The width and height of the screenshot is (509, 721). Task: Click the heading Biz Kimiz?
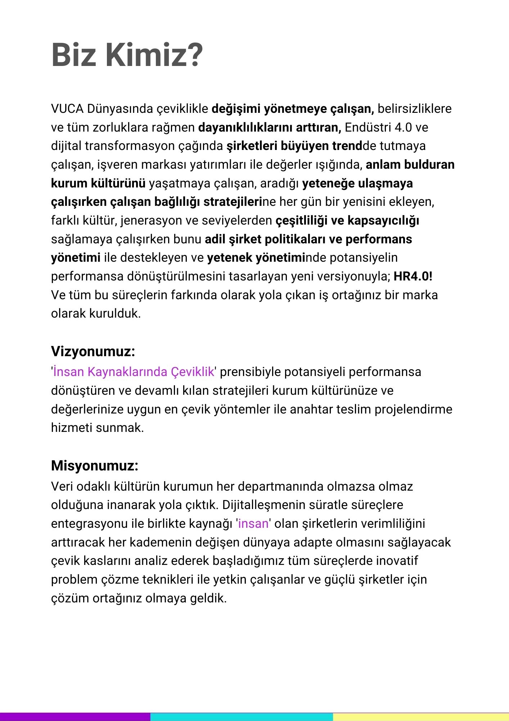(x=127, y=55)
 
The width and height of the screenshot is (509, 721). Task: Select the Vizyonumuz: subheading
(x=93, y=351)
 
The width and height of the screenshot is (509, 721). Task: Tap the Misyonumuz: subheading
(x=95, y=465)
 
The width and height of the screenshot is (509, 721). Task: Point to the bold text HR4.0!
(x=413, y=276)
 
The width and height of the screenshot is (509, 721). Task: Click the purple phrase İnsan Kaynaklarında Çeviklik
(x=134, y=372)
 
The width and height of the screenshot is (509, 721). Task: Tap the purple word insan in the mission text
(x=253, y=523)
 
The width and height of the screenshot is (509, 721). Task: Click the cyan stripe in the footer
(x=241, y=717)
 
